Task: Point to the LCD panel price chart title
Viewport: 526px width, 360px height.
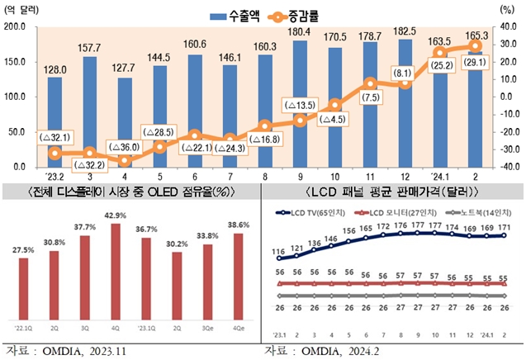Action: click(x=391, y=192)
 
